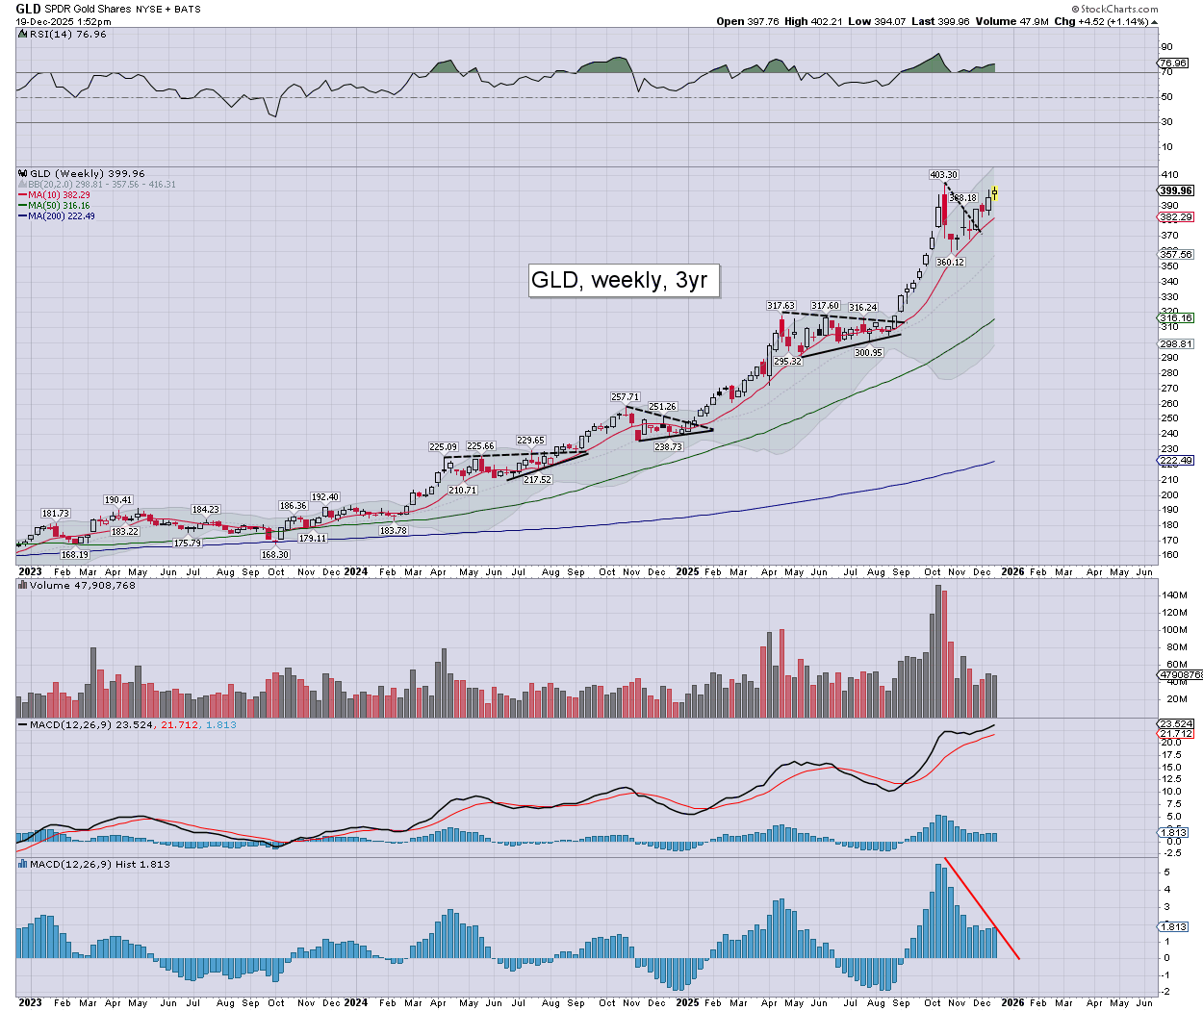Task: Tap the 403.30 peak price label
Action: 943,175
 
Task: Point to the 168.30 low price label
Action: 274,555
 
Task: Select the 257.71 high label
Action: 625,396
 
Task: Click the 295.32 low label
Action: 787,362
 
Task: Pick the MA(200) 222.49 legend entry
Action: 61,216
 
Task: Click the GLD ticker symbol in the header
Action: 28,9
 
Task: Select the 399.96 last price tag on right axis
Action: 1176,190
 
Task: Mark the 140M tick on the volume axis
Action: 1174,595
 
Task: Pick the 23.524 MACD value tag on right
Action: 1176,724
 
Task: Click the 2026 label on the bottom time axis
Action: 1012,1002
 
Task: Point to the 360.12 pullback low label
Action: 950,263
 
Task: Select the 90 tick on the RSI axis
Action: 1166,47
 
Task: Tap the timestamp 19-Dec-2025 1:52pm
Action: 64,21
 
